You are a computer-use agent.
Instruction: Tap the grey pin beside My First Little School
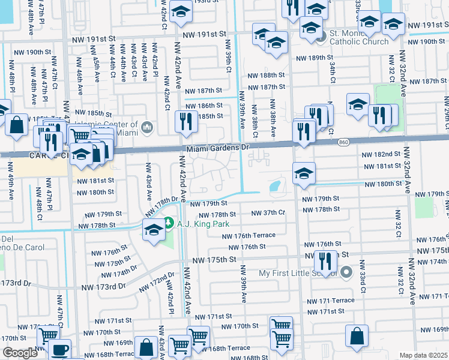point(346,273)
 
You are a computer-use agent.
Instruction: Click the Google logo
point(20,353)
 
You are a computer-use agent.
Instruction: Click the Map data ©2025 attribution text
point(424,355)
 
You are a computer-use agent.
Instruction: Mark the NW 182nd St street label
point(381,155)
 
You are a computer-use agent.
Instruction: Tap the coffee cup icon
point(59,350)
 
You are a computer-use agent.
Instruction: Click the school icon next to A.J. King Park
point(154,230)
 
